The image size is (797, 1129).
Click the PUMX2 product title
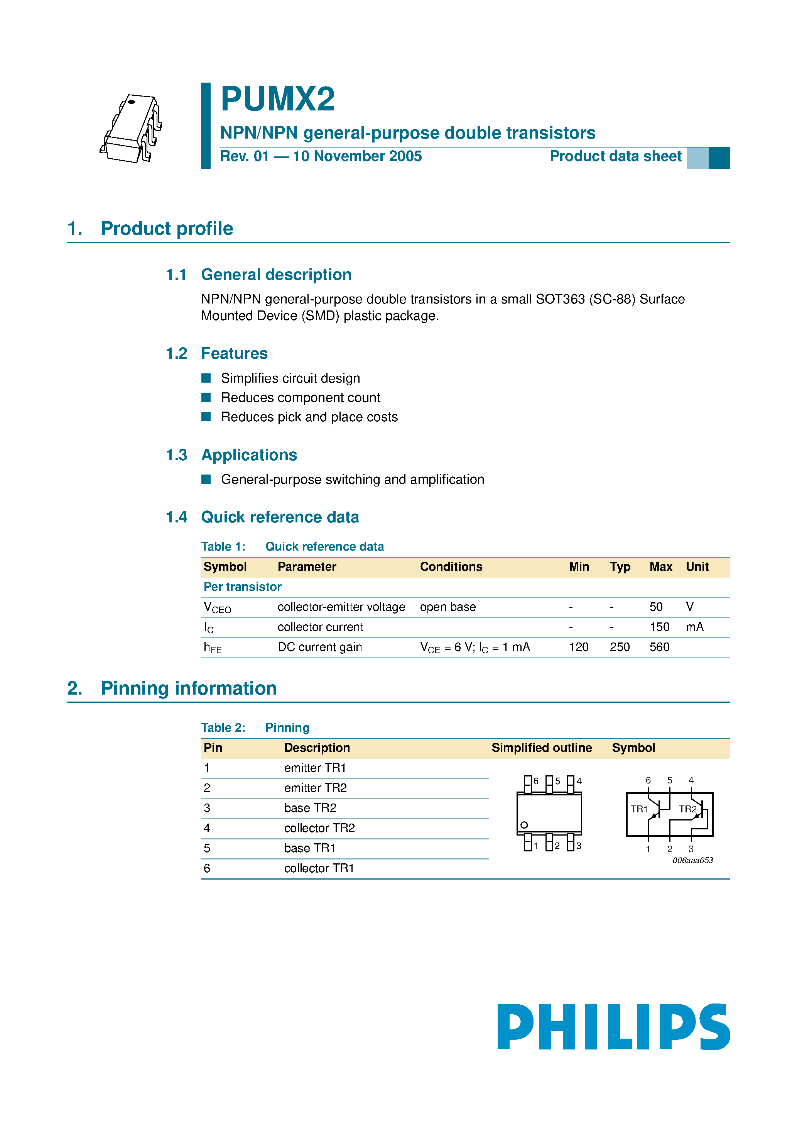pos(278,99)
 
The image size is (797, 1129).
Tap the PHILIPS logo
pos(613,1027)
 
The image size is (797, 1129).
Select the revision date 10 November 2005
pos(357,156)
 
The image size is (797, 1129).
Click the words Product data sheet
pos(615,156)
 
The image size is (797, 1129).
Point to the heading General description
pos(276,275)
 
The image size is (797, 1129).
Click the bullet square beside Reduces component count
pos(206,397)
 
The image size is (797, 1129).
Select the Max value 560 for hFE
pos(659,647)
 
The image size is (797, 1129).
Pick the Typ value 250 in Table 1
pos(619,647)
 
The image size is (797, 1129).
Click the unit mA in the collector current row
pos(694,627)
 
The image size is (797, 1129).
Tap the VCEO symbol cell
pos(217,607)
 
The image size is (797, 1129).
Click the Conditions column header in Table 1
pos(451,567)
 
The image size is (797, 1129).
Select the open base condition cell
pos(447,607)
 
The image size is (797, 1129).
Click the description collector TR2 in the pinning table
pos(319,828)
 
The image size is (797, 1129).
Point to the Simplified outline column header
pos(542,748)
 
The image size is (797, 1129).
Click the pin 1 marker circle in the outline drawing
pos(524,825)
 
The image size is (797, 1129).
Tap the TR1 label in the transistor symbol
pos(639,809)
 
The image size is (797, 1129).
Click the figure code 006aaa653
pos(692,860)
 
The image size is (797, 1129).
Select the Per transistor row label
pos(242,587)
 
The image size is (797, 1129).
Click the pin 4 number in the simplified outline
pos(579,781)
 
